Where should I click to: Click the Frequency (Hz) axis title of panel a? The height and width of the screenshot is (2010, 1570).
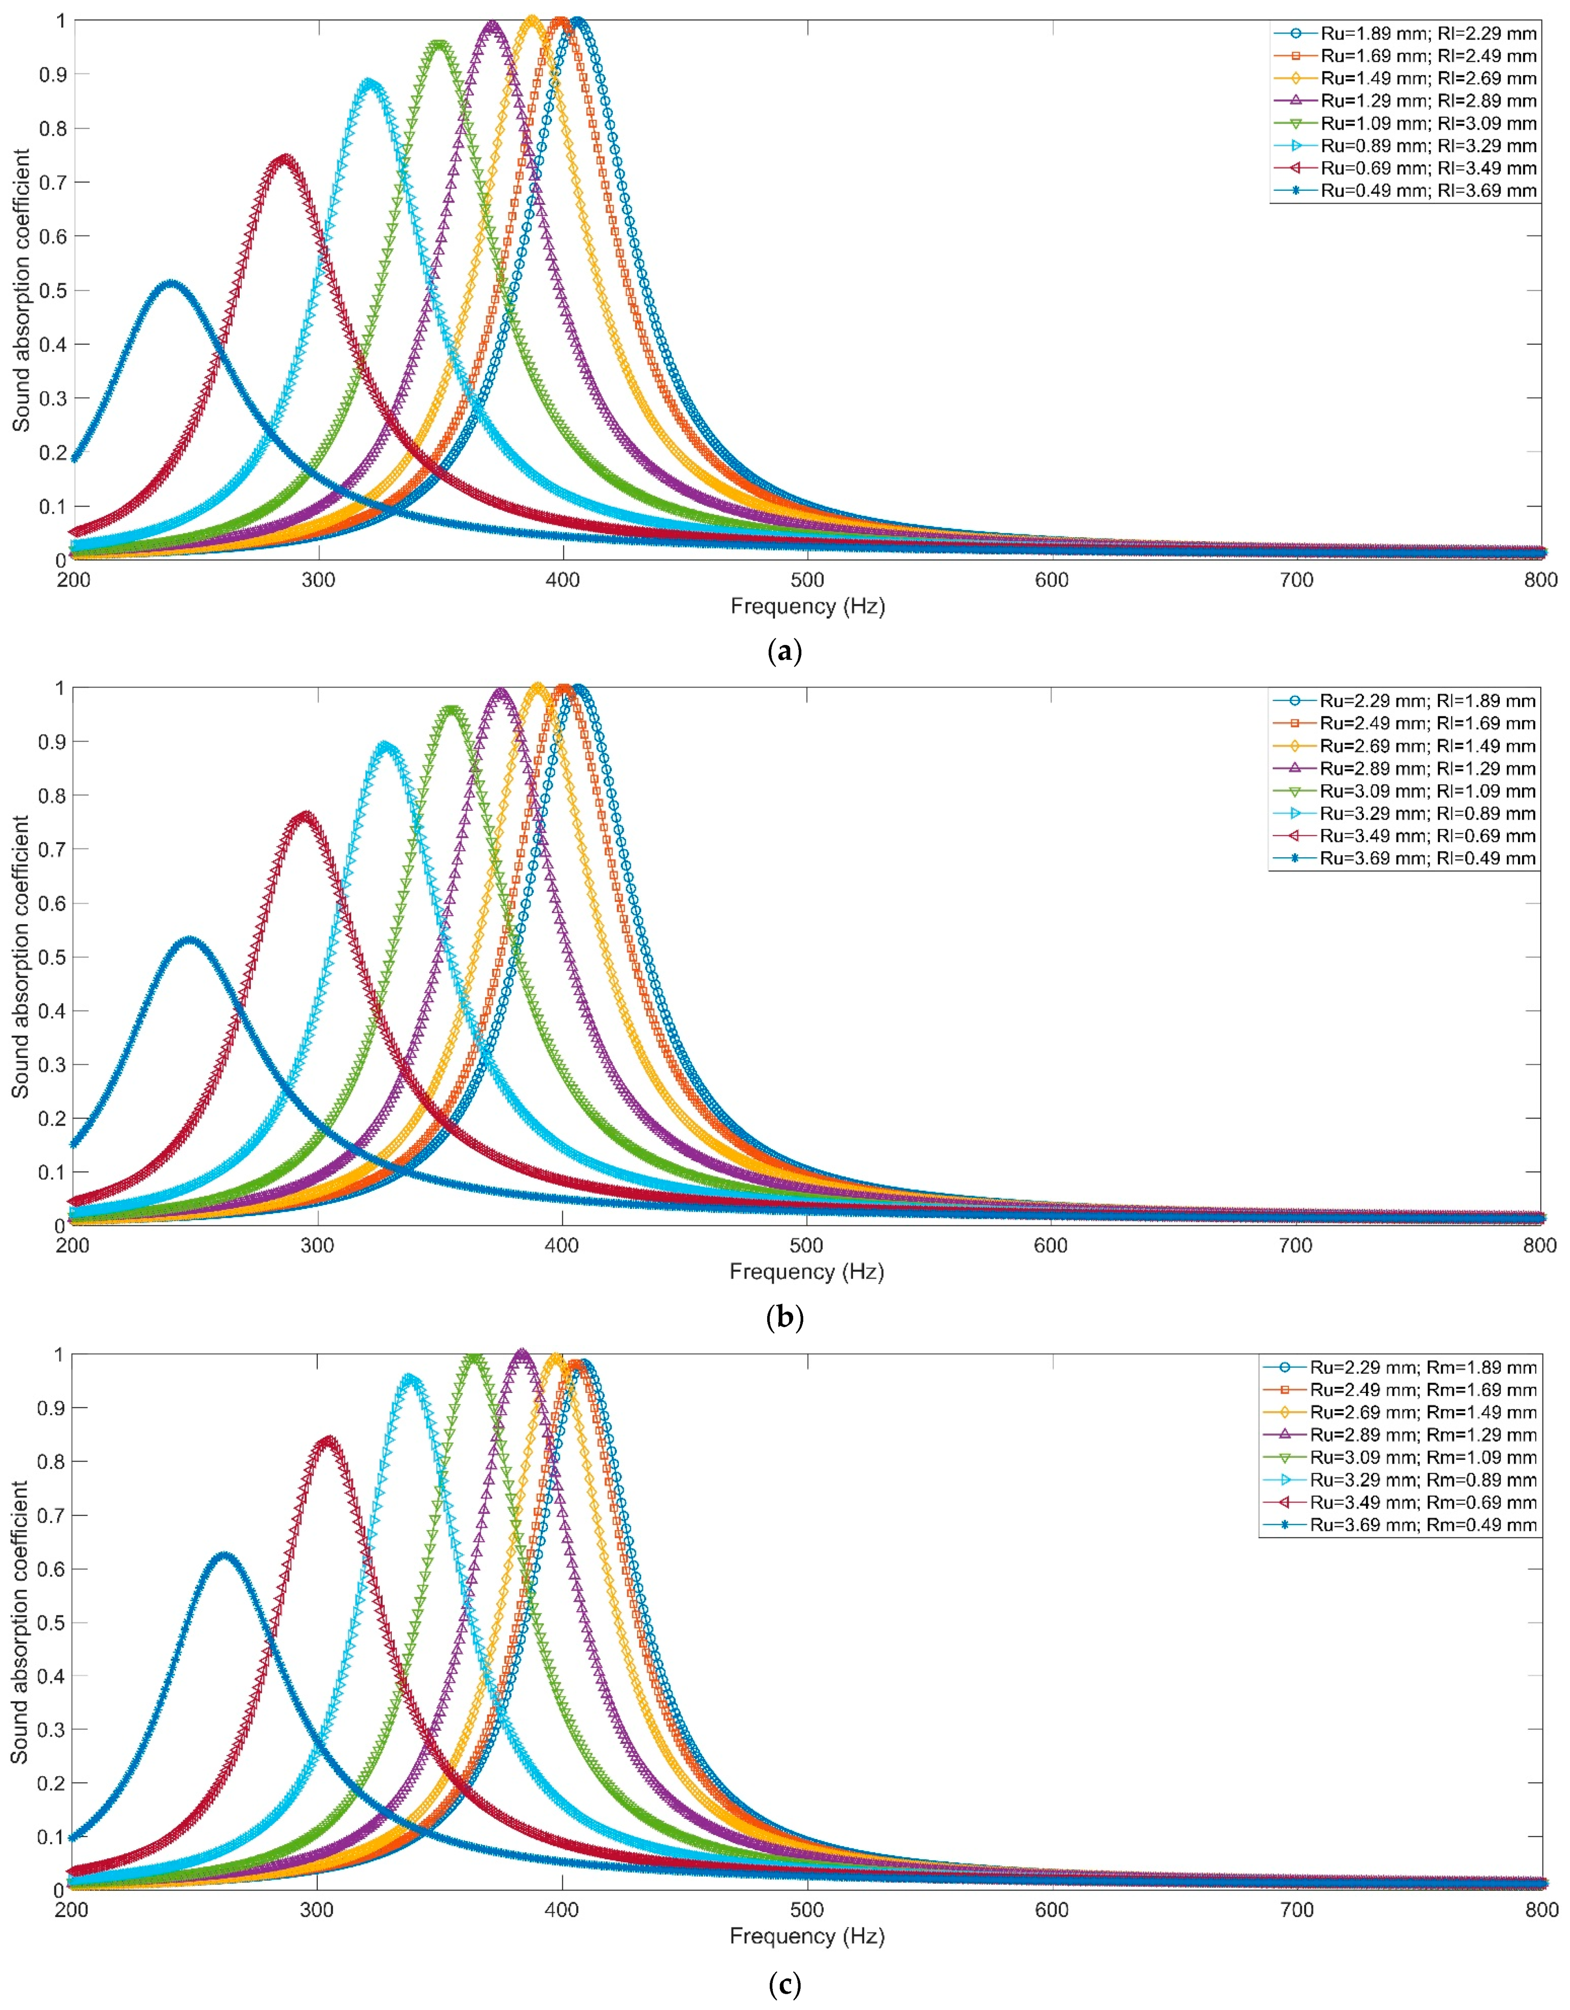pyautogui.click(x=807, y=606)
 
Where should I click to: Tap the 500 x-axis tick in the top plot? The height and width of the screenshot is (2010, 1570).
pyautogui.click(x=807, y=580)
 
